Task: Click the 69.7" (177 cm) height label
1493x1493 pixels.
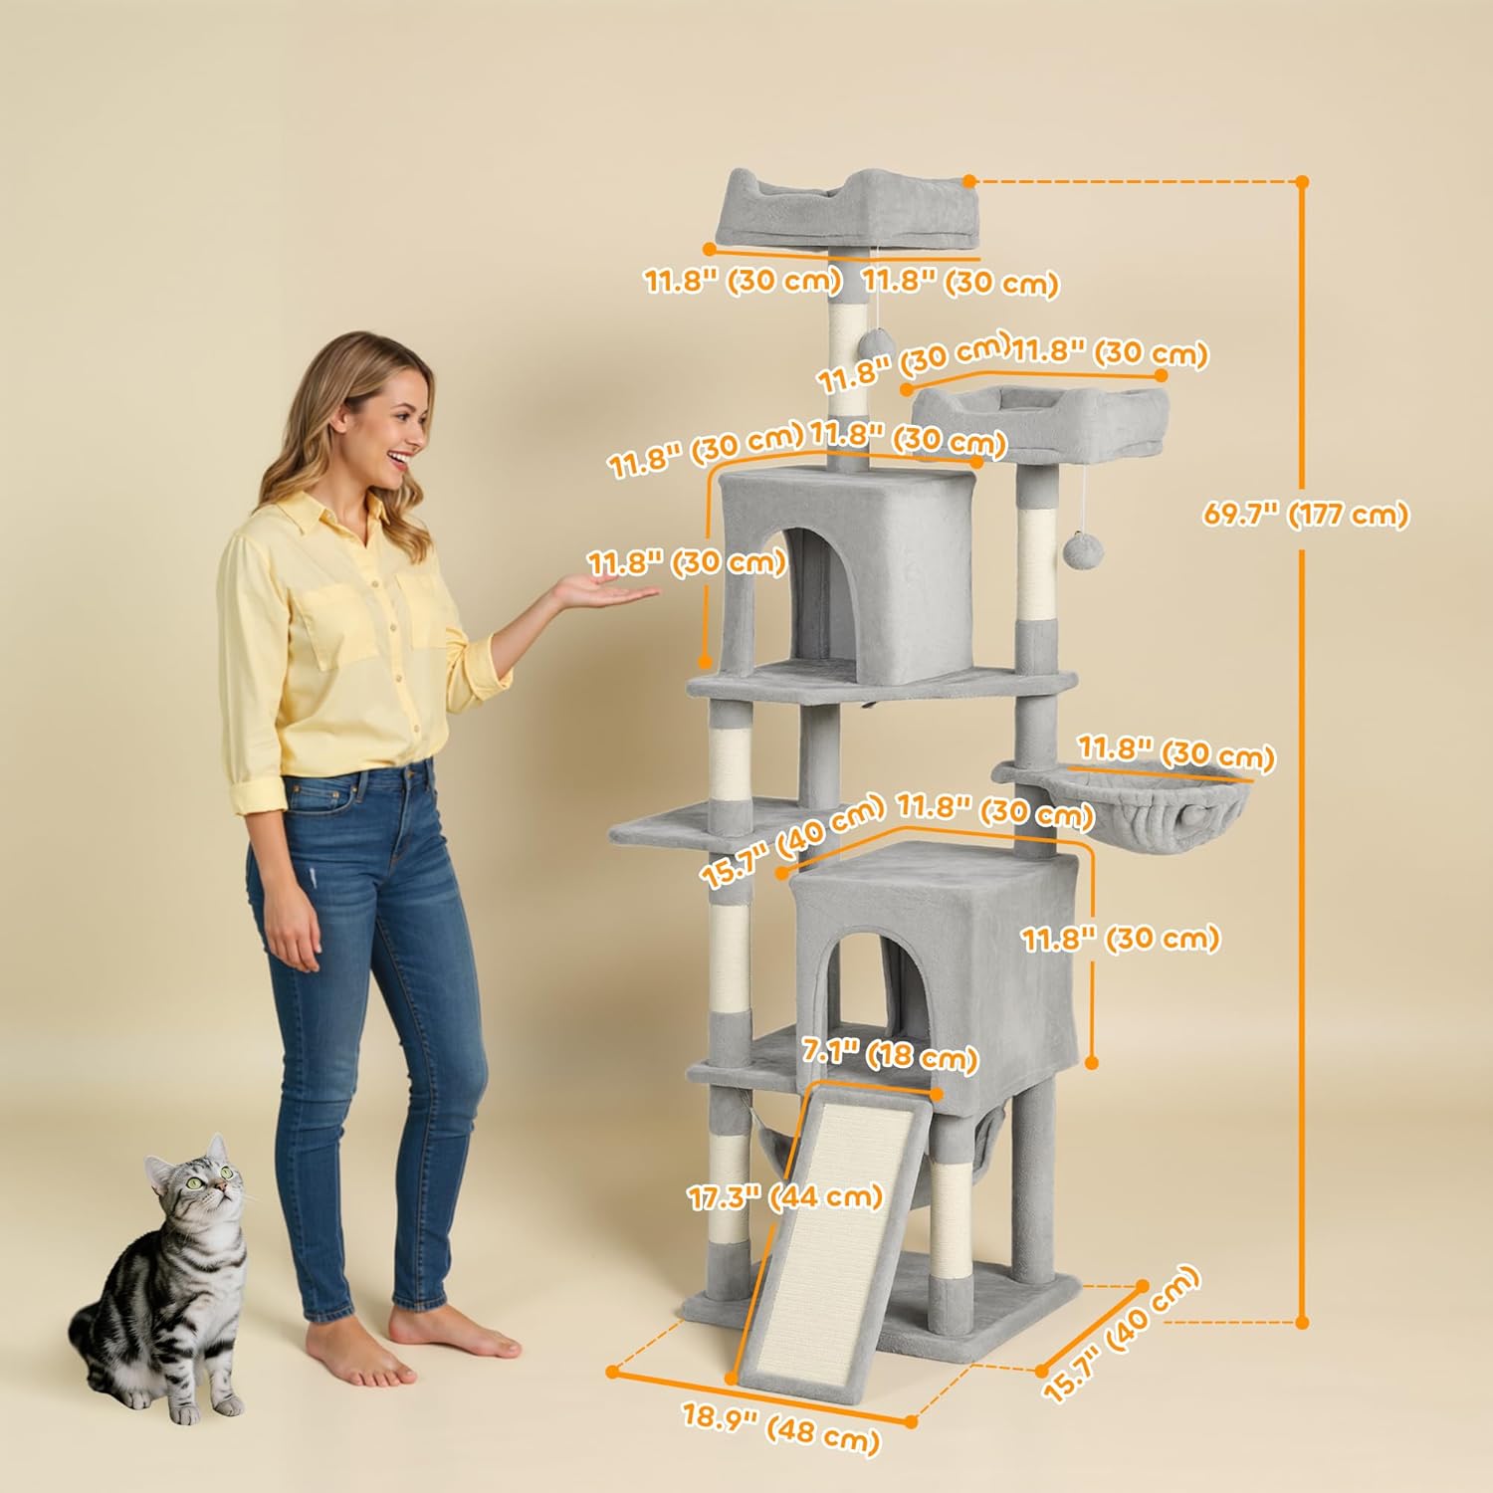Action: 1305,515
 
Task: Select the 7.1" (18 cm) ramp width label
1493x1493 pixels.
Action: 890,1054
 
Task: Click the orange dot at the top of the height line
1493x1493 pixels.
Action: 1302,182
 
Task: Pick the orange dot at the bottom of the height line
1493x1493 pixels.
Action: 1302,1322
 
